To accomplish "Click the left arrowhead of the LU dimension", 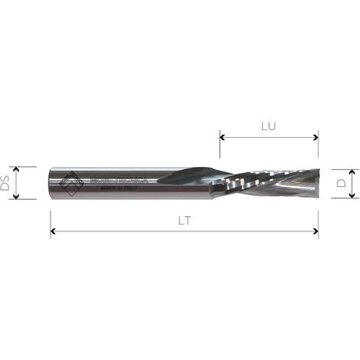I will pyautogui.click(x=223, y=138).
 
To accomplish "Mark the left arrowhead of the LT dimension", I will pyautogui.click(x=54, y=231).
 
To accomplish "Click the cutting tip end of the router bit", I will pyautogui.click(x=315, y=183).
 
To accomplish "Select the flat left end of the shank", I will pyautogui.click(x=51, y=183).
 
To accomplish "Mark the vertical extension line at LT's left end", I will pyautogui.click(x=51, y=218).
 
